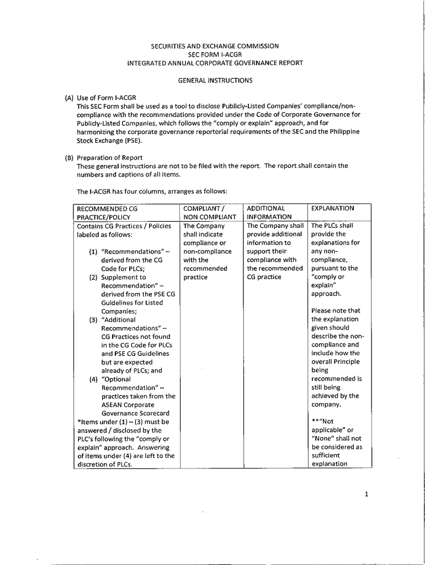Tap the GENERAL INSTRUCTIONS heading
(x=215, y=81)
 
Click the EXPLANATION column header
(x=332, y=208)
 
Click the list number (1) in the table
(x=94, y=252)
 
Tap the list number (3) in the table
(x=94, y=319)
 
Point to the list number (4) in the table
(x=94, y=379)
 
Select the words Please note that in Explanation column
(x=335, y=311)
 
